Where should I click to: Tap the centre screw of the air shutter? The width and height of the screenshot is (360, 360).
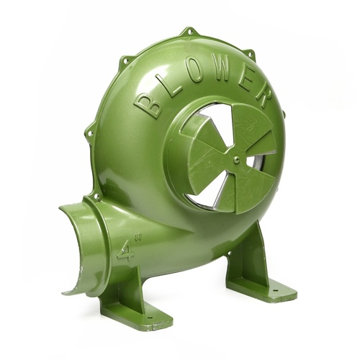pyautogui.click(x=237, y=158)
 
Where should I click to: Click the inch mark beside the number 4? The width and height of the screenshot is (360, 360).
pyautogui.click(x=138, y=238)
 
